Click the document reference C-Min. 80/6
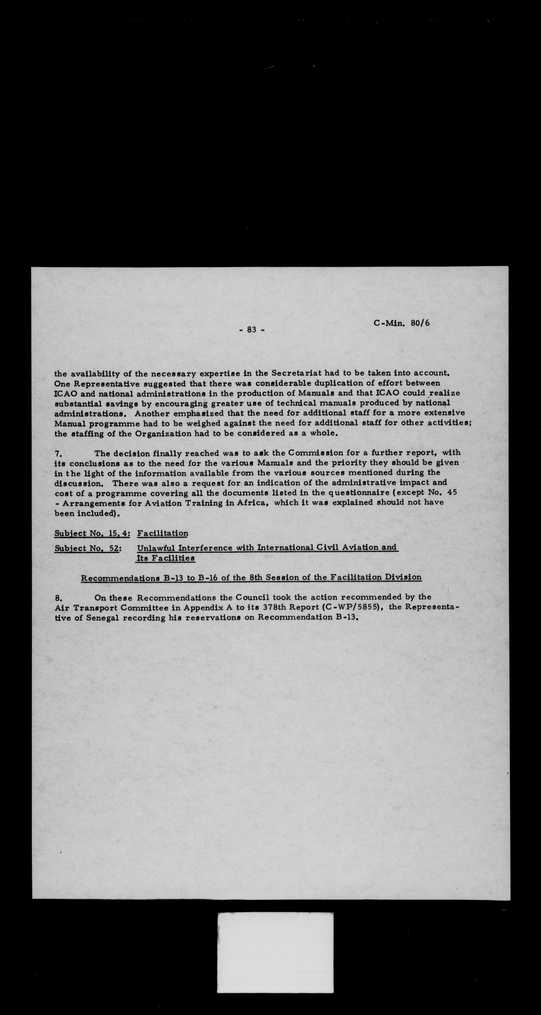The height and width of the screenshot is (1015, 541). click(x=401, y=323)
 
